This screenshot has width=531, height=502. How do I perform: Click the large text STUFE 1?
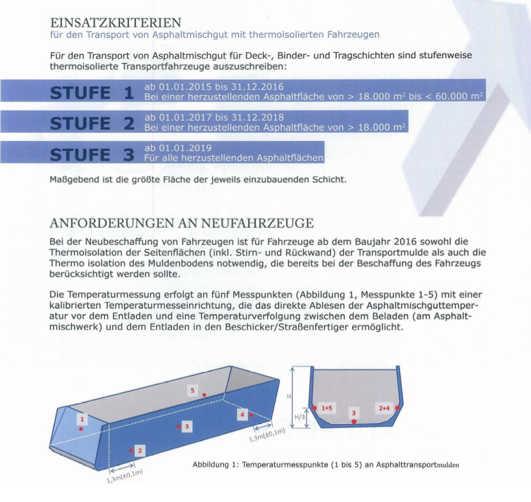pyautogui.click(x=92, y=93)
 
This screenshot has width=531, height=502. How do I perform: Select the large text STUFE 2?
pyautogui.click(x=92, y=123)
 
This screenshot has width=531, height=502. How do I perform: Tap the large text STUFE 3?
pyautogui.click(x=92, y=154)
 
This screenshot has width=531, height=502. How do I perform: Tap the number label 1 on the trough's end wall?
pyautogui.click(x=82, y=419)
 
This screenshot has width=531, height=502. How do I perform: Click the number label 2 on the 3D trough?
pyautogui.click(x=141, y=451)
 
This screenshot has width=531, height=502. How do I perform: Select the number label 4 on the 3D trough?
pyautogui.click(x=242, y=415)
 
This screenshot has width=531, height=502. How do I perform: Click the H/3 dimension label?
pyautogui.click(x=298, y=419)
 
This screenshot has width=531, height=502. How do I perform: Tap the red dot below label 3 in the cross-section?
pyautogui.click(x=354, y=422)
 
